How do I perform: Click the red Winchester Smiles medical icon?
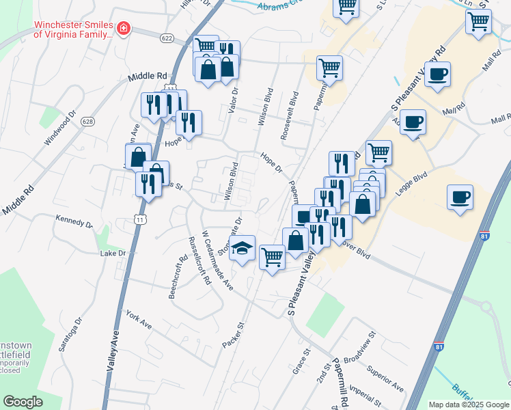[124, 29]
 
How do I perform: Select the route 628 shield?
[87, 121]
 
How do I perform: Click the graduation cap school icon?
[243, 248]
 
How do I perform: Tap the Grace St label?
[301, 361]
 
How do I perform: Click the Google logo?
[23, 402]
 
